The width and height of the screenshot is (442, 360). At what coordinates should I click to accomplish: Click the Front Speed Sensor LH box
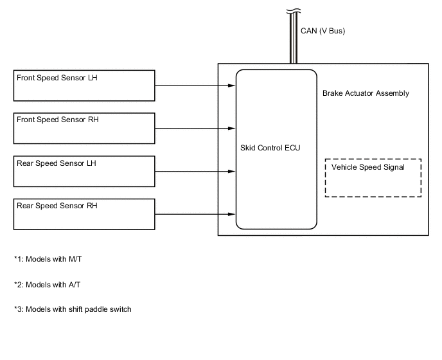(84, 85)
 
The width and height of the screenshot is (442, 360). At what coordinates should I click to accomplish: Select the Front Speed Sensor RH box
(84, 129)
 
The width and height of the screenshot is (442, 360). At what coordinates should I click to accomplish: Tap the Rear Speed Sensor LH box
(84, 172)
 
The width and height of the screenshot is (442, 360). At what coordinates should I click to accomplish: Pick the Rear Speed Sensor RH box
(84, 214)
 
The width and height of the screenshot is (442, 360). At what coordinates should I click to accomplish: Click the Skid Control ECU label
(269, 148)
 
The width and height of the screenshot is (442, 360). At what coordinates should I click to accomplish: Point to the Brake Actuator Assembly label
(366, 93)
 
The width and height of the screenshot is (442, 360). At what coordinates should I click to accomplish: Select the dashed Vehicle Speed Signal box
(373, 177)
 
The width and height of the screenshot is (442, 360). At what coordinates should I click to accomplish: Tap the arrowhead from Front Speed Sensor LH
(232, 85)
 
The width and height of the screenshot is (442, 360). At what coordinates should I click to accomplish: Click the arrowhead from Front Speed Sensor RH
(232, 129)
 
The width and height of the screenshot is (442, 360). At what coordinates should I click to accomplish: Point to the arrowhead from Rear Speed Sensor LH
(232, 172)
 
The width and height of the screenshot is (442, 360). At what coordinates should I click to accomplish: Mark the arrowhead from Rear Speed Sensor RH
(232, 214)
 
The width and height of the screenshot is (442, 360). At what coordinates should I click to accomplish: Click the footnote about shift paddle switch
(72, 309)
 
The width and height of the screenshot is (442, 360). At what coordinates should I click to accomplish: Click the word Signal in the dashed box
(393, 167)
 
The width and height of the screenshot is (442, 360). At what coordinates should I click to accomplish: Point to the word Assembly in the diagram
(393, 93)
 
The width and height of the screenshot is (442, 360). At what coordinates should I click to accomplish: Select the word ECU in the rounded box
(292, 148)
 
